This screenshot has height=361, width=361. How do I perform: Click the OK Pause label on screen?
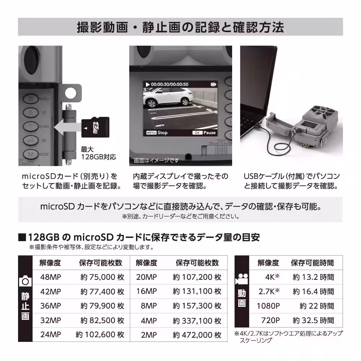tap(204, 132)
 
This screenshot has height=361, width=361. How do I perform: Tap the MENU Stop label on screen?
tap(157, 132)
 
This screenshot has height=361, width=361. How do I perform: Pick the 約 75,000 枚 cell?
tap(102, 277)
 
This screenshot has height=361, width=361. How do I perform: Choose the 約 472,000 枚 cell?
tap(197, 335)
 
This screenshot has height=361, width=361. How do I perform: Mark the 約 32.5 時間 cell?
tap(313, 320)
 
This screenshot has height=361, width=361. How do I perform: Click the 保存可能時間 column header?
tap(312, 263)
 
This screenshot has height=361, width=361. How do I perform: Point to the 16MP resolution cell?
tap(146, 291)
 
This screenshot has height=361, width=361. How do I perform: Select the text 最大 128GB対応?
tap(93, 153)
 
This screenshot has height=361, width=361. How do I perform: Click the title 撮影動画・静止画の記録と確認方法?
tap(180, 27)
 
